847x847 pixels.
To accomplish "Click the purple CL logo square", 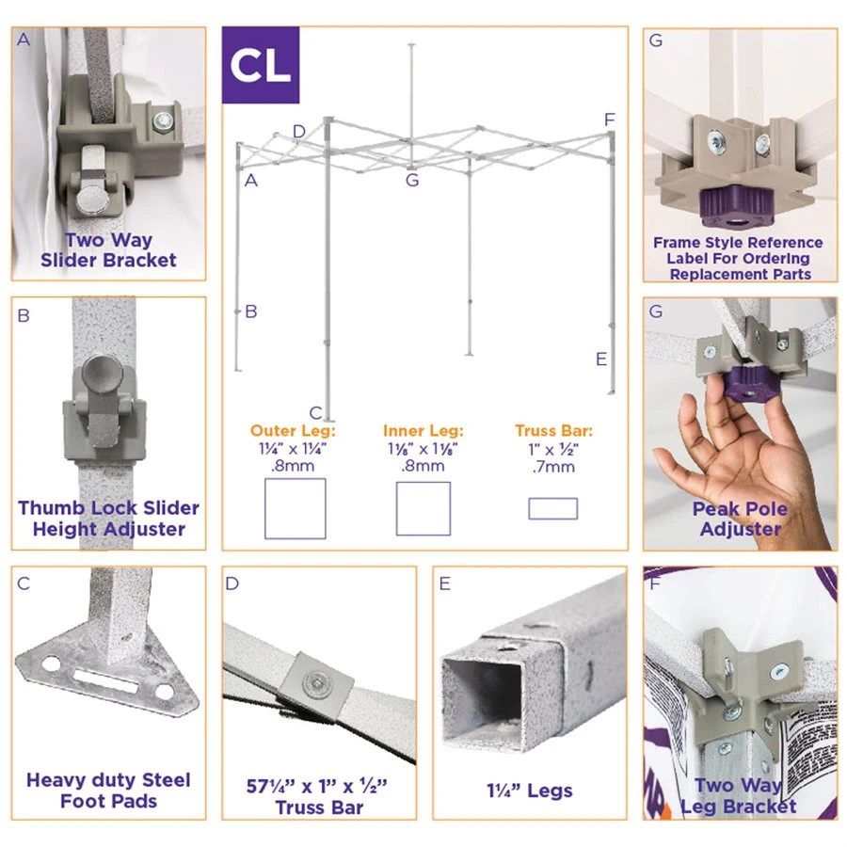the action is [x=261, y=65].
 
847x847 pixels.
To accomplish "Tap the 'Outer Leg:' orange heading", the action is [x=293, y=430].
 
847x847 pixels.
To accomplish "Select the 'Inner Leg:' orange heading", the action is [x=423, y=430].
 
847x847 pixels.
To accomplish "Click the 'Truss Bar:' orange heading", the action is [x=553, y=430].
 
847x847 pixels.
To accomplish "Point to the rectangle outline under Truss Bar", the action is [x=553, y=508].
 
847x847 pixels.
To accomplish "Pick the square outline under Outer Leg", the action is [x=295, y=508].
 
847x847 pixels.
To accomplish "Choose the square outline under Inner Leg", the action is [x=423, y=508].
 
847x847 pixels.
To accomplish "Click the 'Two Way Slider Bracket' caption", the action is [x=108, y=249].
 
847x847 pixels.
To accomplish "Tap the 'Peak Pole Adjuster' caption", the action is [x=740, y=519].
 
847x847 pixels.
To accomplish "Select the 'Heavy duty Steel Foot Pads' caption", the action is [x=108, y=791].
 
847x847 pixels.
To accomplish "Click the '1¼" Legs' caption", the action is [x=529, y=791].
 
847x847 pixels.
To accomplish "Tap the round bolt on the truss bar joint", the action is [x=317, y=683].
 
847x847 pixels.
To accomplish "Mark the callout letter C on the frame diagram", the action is [x=315, y=413].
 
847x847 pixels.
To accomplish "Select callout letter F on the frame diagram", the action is [x=610, y=120].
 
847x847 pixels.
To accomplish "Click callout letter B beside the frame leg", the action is [x=251, y=312].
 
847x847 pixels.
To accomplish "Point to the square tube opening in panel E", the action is [x=482, y=702].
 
